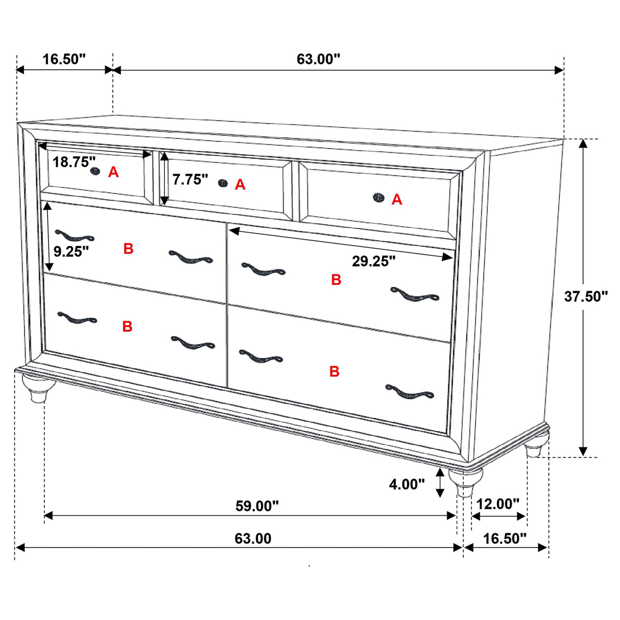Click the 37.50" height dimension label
[585, 296]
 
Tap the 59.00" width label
[257, 506]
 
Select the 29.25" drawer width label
[373, 261]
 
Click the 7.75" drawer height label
[190, 179]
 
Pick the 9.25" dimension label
[71, 251]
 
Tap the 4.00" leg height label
[407, 484]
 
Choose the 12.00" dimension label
[497, 504]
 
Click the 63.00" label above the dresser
[318, 59]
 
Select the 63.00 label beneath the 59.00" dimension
[253, 538]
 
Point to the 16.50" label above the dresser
[64, 59]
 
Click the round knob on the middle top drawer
[222, 183]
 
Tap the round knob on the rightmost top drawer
[378, 197]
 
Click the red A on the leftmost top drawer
[113, 173]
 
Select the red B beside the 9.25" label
[128, 249]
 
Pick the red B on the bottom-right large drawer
[335, 371]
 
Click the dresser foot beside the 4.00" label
[465, 481]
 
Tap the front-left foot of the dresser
[35, 389]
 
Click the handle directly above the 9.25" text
[74, 236]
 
